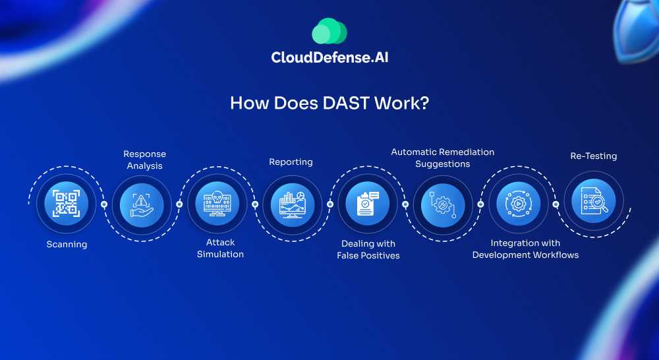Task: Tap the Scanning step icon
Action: [67, 203]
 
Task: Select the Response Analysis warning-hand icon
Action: [142, 203]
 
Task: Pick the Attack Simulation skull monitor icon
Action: [217, 203]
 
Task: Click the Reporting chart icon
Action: [292, 203]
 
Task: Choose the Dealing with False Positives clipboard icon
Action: [368, 203]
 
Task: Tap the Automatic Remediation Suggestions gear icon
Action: [443, 203]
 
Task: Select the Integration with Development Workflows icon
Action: [518, 203]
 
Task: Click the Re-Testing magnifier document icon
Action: [593, 203]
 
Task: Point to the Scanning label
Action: [67, 245]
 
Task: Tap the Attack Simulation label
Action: [220, 249]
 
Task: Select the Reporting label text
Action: [291, 162]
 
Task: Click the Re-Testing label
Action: [593, 156]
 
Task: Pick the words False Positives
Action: [368, 256]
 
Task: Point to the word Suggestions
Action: [442, 164]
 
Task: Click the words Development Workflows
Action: [525, 255]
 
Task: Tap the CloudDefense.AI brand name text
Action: [329, 58]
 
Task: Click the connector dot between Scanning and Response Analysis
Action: [104, 204]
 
